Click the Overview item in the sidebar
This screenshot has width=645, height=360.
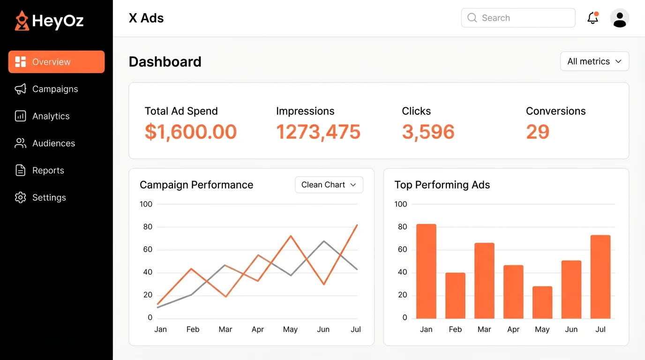point(56,62)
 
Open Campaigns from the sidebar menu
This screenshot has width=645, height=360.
point(55,89)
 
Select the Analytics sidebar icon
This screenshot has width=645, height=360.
point(20,116)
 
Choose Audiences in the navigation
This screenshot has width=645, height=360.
point(53,143)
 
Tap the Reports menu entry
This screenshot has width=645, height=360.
point(48,171)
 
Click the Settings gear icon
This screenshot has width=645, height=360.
point(20,198)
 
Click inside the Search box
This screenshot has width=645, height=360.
point(518,18)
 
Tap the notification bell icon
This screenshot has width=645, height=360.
point(592,18)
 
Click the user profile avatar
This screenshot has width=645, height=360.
point(619,18)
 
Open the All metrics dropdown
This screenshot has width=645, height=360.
point(594,61)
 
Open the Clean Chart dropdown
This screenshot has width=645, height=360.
point(329,185)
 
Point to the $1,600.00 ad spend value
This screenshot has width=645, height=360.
point(191,132)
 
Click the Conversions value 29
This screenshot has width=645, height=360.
point(537,132)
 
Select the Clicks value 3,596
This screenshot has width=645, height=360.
point(428,132)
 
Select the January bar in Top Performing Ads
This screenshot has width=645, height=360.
point(426,271)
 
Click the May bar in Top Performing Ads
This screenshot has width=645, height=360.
point(542,302)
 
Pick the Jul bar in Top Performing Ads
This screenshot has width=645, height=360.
point(600,277)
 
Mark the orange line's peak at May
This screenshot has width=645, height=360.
point(291,236)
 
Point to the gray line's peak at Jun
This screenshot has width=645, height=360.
point(323,241)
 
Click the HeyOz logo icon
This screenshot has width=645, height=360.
point(22,21)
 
